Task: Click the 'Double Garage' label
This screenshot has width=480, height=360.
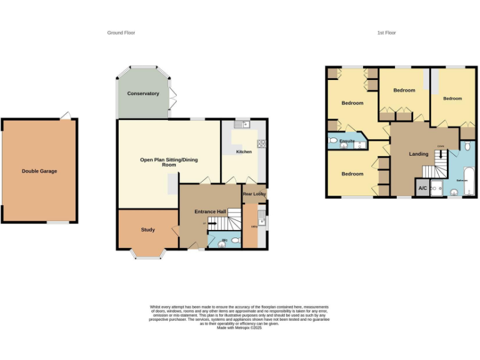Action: coord(39,171)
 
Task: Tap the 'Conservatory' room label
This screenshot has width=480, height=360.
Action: coord(143,93)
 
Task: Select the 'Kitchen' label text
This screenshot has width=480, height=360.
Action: coord(243,152)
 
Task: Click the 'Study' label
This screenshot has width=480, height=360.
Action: coord(147,229)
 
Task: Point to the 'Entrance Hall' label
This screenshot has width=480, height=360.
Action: coord(210,212)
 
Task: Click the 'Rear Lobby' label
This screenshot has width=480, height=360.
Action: coord(254,194)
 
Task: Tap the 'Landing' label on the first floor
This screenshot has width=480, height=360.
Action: coord(419,153)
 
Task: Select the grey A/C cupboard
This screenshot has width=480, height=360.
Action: coord(422,188)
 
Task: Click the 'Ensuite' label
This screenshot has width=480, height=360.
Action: coord(347,141)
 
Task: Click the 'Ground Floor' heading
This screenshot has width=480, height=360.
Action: coord(121,32)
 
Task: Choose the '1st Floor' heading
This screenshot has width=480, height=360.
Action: coord(386,32)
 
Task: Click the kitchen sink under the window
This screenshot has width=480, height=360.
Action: coord(245,124)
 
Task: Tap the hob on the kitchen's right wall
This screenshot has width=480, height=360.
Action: coord(261,143)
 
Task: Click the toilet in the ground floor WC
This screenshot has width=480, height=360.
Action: coord(234,240)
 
